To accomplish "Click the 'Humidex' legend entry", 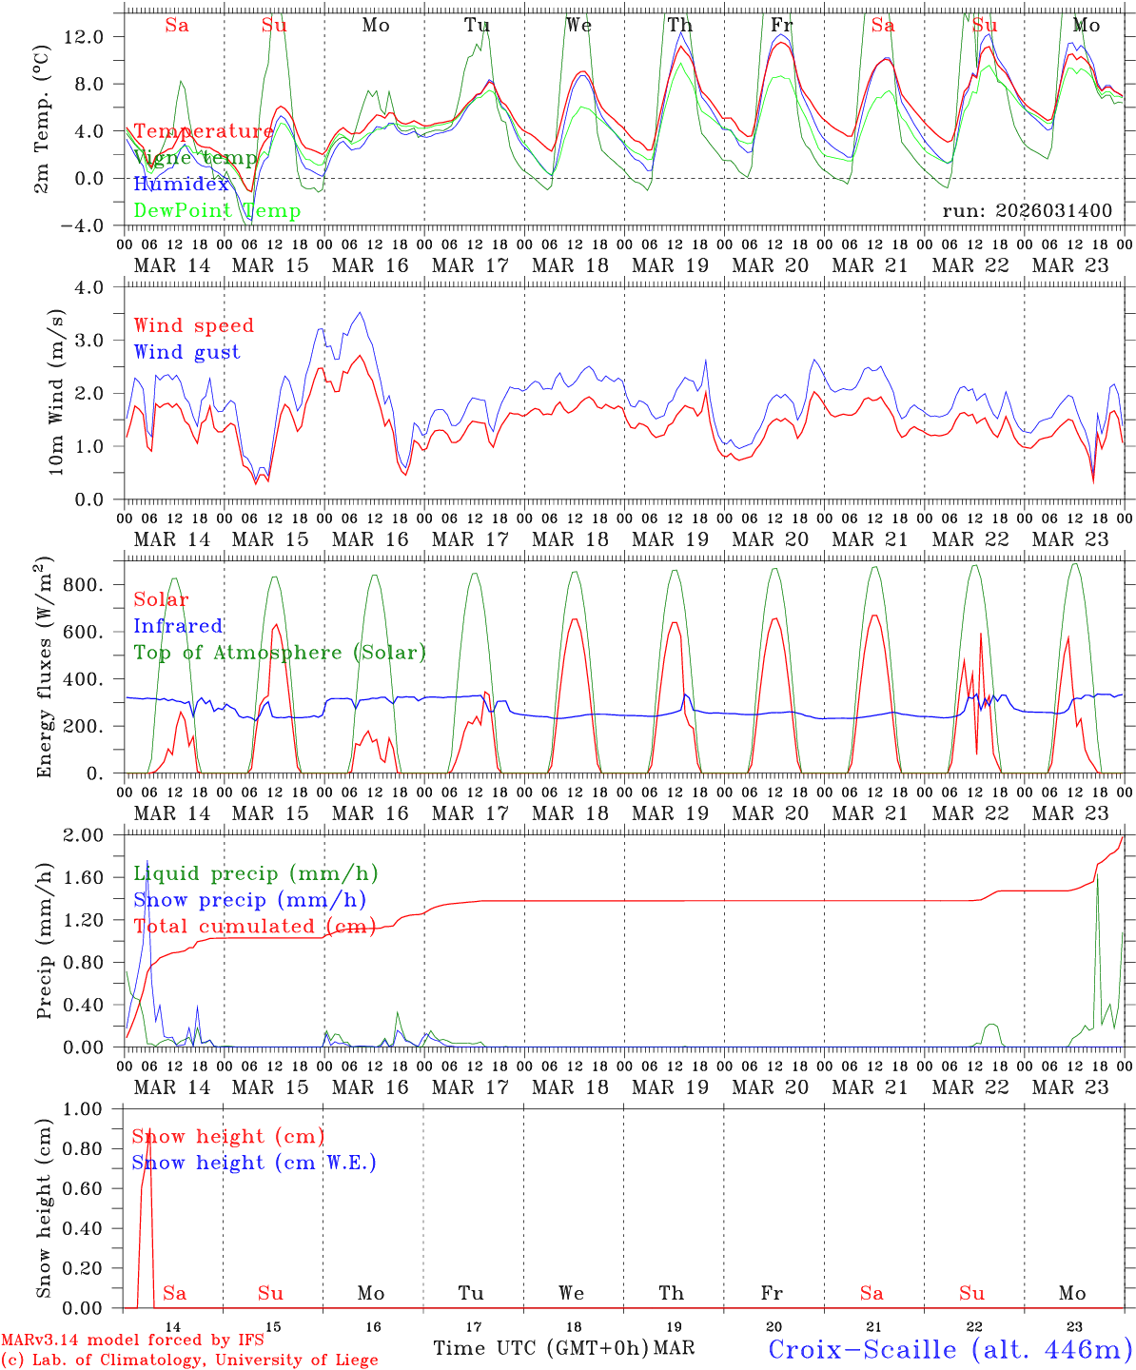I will pos(182,185).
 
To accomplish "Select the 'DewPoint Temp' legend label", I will pos(217,211).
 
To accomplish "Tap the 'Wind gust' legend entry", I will pos(186,352).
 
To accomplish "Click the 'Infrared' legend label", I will pos(178,626).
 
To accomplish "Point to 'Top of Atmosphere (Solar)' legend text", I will pos(279,653).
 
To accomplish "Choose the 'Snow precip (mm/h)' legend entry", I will pos(249,900).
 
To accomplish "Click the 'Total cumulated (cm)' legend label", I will pos(254,927).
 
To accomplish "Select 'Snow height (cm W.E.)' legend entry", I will pos(254,1163).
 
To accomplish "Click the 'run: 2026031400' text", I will pos(1027,211).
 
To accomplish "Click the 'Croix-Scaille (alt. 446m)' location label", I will pos(950,1349).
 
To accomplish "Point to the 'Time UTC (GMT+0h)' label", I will pos(540,1348).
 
